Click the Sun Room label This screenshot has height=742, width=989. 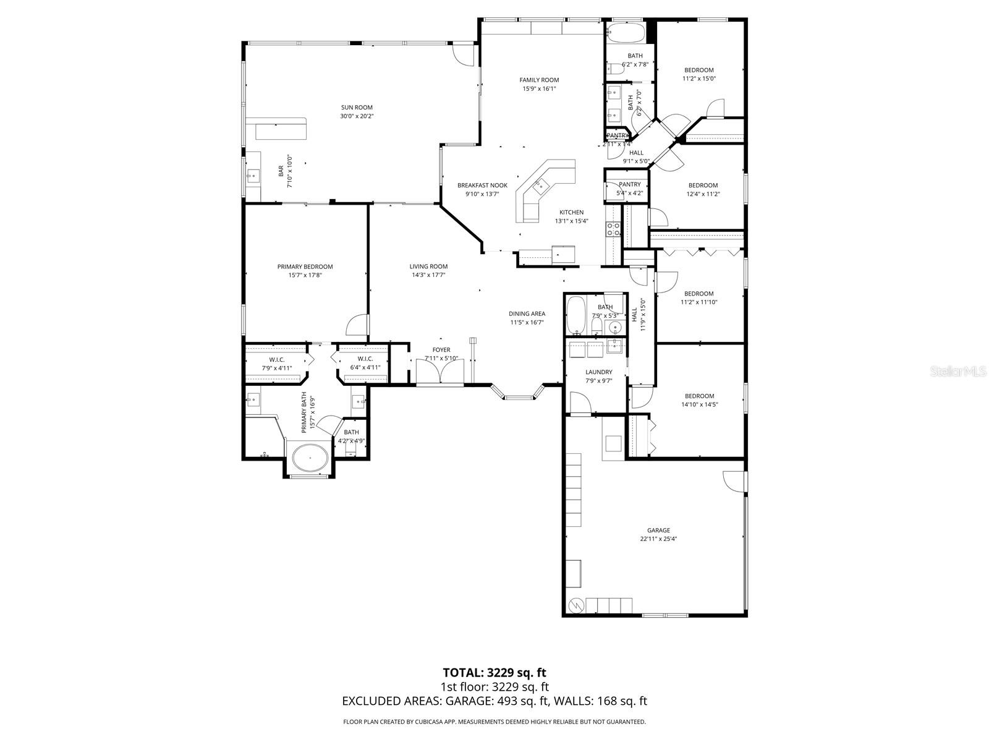pyautogui.click(x=357, y=108)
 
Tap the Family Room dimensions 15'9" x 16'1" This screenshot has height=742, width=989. pyautogui.click(x=539, y=88)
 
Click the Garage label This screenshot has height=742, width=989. pyautogui.click(x=658, y=530)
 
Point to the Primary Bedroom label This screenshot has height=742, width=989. pyautogui.click(x=305, y=267)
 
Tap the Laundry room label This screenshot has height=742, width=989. pyautogui.click(x=598, y=372)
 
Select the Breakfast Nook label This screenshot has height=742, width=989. pyautogui.click(x=482, y=185)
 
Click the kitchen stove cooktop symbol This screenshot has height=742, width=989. pyautogui.click(x=613, y=229)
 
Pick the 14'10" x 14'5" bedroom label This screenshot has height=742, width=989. pyautogui.click(x=699, y=396)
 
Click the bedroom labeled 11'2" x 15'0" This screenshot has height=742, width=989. pyautogui.click(x=698, y=70)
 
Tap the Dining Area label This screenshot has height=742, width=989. pyautogui.click(x=527, y=313)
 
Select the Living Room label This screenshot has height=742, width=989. pyautogui.click(x=428, y=267)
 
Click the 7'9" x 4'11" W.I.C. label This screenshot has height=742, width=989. pyautogui.click(x=276, y=359)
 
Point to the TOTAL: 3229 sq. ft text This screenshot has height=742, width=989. pyautogui.click(x=494, y=672)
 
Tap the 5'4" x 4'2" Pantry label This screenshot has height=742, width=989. pyautogui.click(x=629, y=184)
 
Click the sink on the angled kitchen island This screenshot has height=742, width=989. pyautogui.click(x=541, y=184)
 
